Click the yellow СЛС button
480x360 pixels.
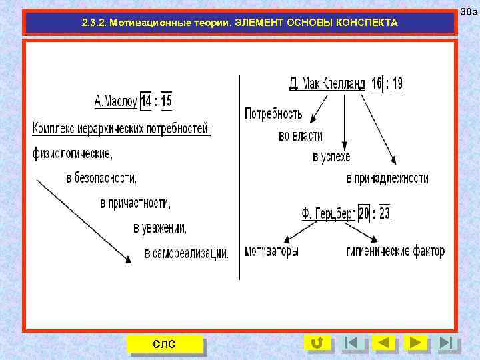click(x=165, y=343)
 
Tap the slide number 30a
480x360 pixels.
click(x=469, y=11)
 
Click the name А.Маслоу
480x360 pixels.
click(x=115, y=102)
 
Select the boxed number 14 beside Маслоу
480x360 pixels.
click(x=145, y=101)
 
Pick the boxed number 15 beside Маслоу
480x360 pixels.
click(x=166, y=101)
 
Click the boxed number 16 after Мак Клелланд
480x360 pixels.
click(x=377, y=83)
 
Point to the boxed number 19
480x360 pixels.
click(x=397, y=83)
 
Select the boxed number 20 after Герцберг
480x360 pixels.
click(x=363, y=214)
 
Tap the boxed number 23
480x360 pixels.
click(x=384, y=214)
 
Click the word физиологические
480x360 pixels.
click(x=72, y=153)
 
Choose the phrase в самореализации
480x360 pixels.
click(x=186, y=253)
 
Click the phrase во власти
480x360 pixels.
click(x=301, y=136)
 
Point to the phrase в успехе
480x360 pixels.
click(x=331, y=157)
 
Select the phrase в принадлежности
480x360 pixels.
click(x=387, y=179)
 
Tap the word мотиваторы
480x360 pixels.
click(x=271, y=252)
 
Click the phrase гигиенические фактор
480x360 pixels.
click(x=395, y=252)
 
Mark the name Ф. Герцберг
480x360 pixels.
click(x=329, y=214)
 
